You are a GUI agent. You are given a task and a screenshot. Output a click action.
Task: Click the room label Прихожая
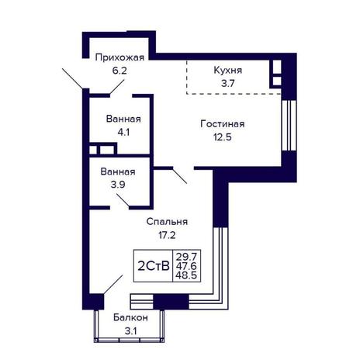(119, 57)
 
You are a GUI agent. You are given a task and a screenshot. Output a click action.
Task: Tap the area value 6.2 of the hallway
(119, 71)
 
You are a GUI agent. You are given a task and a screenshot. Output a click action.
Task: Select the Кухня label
(228, 71)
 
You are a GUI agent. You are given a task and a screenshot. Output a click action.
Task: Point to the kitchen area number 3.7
(228, 84)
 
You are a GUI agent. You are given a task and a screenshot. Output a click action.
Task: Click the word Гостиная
(223, 124)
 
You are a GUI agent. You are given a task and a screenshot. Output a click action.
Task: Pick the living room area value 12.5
(223, 137)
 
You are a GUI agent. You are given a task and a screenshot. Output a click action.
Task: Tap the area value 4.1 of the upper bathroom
(123, 133)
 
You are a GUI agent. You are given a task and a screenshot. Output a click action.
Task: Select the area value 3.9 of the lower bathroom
(118, 185)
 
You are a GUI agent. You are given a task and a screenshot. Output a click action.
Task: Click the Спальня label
(167, 222)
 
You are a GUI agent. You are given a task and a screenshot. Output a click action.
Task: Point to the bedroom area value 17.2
(167, 235)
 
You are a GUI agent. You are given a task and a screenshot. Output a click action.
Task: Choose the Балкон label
(130, 317)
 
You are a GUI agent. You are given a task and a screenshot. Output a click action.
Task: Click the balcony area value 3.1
(130, 331)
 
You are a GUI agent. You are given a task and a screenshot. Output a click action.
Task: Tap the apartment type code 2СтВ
(154, 266)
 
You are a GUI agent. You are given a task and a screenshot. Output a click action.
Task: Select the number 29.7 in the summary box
(186, 257)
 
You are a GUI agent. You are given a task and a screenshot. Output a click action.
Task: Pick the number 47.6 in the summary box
(186, 266)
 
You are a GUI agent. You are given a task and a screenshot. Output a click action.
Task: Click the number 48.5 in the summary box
(186, 275)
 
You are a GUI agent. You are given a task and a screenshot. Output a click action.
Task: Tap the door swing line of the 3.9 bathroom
(123, 200)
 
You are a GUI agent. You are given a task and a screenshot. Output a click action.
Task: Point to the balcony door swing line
(113, 285)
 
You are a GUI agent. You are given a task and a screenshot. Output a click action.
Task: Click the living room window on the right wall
(289, 126)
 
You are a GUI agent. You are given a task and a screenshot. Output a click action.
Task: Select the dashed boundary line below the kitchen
(234, 94)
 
